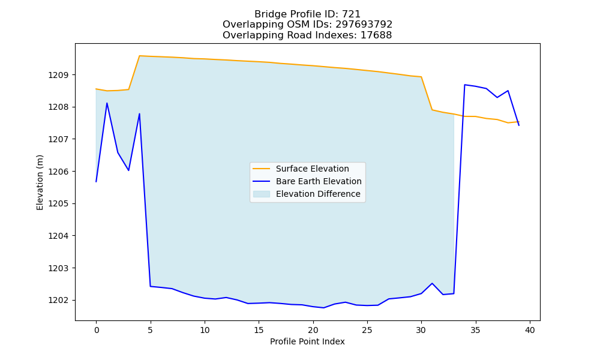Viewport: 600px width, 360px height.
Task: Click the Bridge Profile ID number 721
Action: pos(351,14)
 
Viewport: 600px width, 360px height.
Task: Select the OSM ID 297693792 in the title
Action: pos(364,25)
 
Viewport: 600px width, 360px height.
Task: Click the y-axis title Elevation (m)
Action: pos(40,182)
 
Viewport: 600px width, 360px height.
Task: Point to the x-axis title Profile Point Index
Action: pos(307,341)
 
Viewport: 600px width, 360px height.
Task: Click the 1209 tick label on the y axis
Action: pos(58,75)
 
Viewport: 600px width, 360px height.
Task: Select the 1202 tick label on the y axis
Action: pos(58,301)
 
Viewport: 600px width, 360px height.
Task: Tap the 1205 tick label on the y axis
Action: pos(58,204)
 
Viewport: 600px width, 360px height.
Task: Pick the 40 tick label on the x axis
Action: pos(530,330)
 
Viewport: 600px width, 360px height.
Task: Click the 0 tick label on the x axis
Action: pos(96,330)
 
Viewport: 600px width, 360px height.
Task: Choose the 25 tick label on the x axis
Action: pos(367,330)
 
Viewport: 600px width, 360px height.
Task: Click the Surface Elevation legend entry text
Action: pos(312,169)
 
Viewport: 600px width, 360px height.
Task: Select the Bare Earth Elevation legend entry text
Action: pos(319,181)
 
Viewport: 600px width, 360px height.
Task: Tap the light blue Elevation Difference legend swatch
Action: pos(262,194)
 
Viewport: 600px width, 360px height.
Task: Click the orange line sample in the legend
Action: pos(262,169)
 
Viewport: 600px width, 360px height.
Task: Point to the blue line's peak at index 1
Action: pos(107,103)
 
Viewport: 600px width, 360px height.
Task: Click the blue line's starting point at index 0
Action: pos(96,182)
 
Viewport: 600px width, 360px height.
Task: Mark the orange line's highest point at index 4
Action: pos(139,56)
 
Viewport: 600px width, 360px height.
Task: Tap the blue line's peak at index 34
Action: pos(464,85)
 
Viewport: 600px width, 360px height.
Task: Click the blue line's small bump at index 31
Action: pos(432,283)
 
